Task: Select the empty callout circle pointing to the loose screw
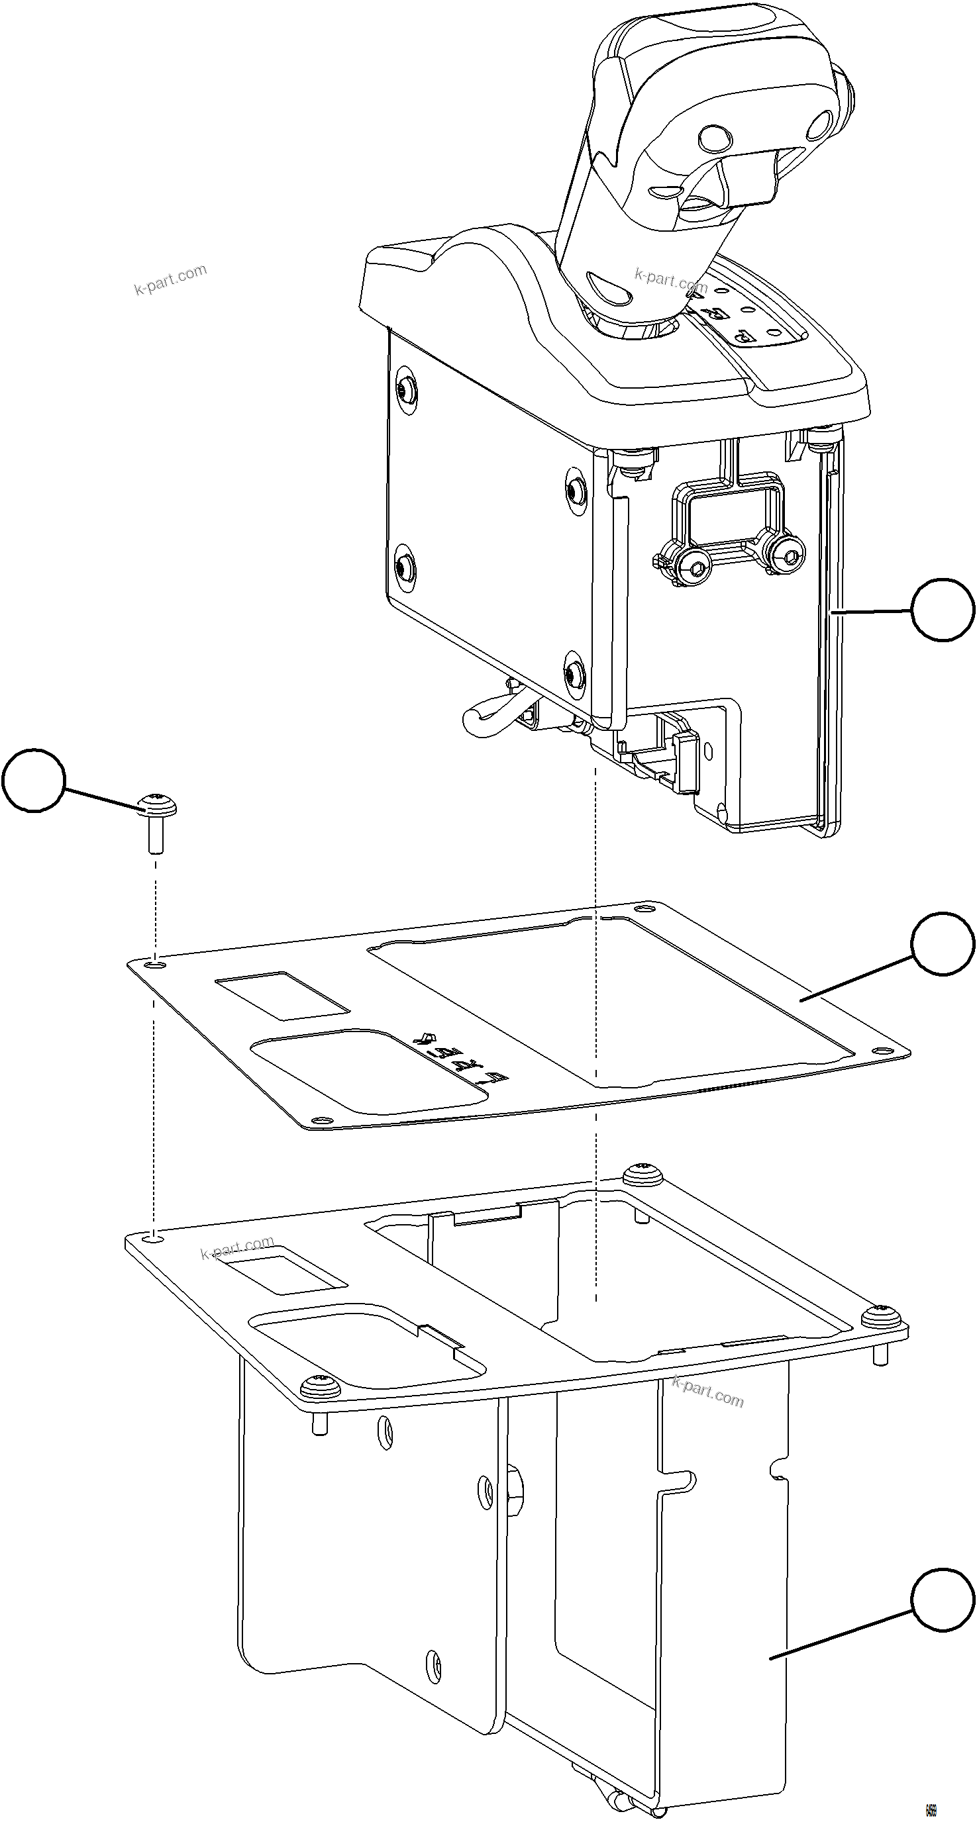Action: point(32,780)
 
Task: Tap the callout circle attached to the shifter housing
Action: point(942,610)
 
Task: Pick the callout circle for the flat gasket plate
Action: point(942,943)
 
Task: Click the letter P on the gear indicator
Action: point(745,337)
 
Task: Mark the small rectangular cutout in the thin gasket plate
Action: point(282,994)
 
